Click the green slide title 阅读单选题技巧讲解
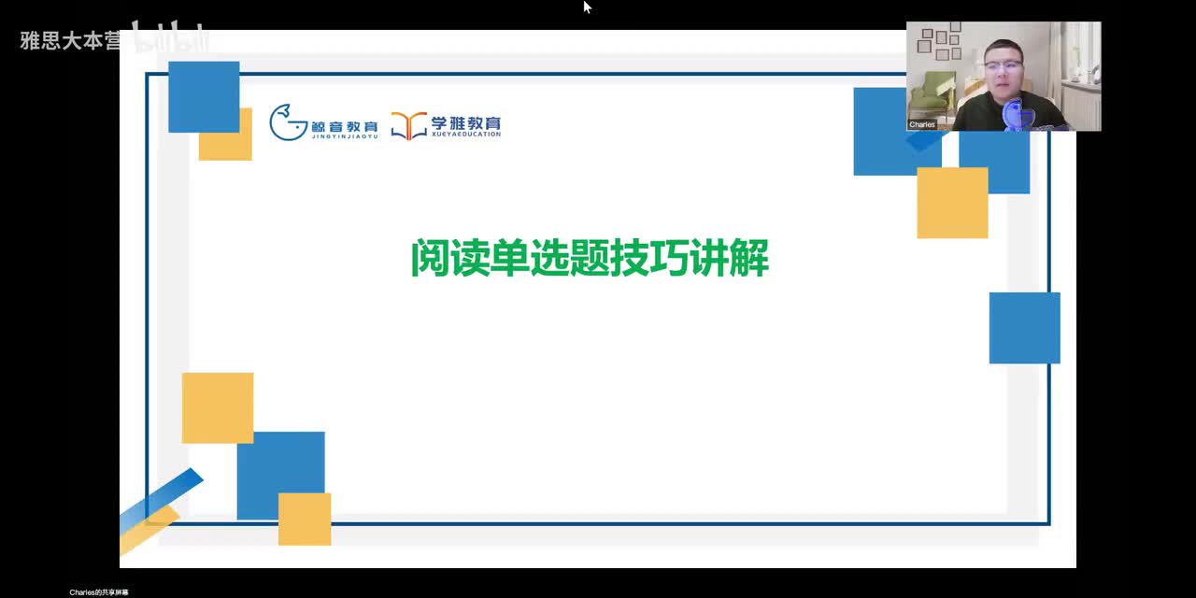point(590,259)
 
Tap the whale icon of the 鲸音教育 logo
point(288,122)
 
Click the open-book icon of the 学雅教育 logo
point(408,125)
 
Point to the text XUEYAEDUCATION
point(465,135)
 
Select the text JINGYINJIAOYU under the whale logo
point(345,136)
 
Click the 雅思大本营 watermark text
point(70,41)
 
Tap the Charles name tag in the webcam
point(922,124)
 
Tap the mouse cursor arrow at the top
point(587,7)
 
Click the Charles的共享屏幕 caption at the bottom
point(99,592)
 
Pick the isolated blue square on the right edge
point(1024,327)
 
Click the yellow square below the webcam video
point(952,203)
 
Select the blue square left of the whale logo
point(204,96)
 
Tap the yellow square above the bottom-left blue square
point(217,407)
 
